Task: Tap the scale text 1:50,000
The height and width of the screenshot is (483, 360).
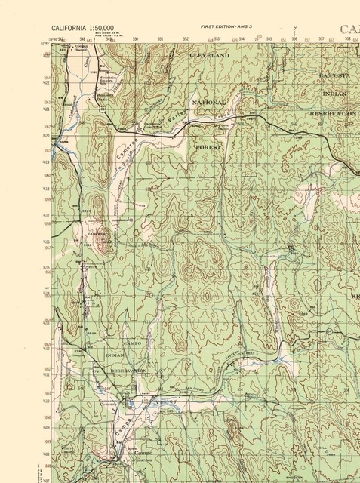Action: click(103, 27)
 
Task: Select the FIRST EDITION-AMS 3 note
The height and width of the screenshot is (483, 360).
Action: click(226, 26)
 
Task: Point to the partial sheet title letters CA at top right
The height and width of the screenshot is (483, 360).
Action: click(349, 29)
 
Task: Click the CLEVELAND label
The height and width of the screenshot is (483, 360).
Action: click(209, 56)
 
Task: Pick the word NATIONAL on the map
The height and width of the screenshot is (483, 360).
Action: click(209, 102)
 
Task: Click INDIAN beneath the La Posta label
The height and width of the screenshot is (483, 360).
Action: click(335, 94)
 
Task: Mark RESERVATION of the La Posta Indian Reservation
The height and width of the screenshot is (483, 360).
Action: click(333, 113)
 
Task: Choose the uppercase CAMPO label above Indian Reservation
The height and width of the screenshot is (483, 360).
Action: click(132, 343)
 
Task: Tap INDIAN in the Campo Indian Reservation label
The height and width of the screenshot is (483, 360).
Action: click(115, 355)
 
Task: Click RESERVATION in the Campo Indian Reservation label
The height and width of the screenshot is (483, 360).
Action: click(129, 371)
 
